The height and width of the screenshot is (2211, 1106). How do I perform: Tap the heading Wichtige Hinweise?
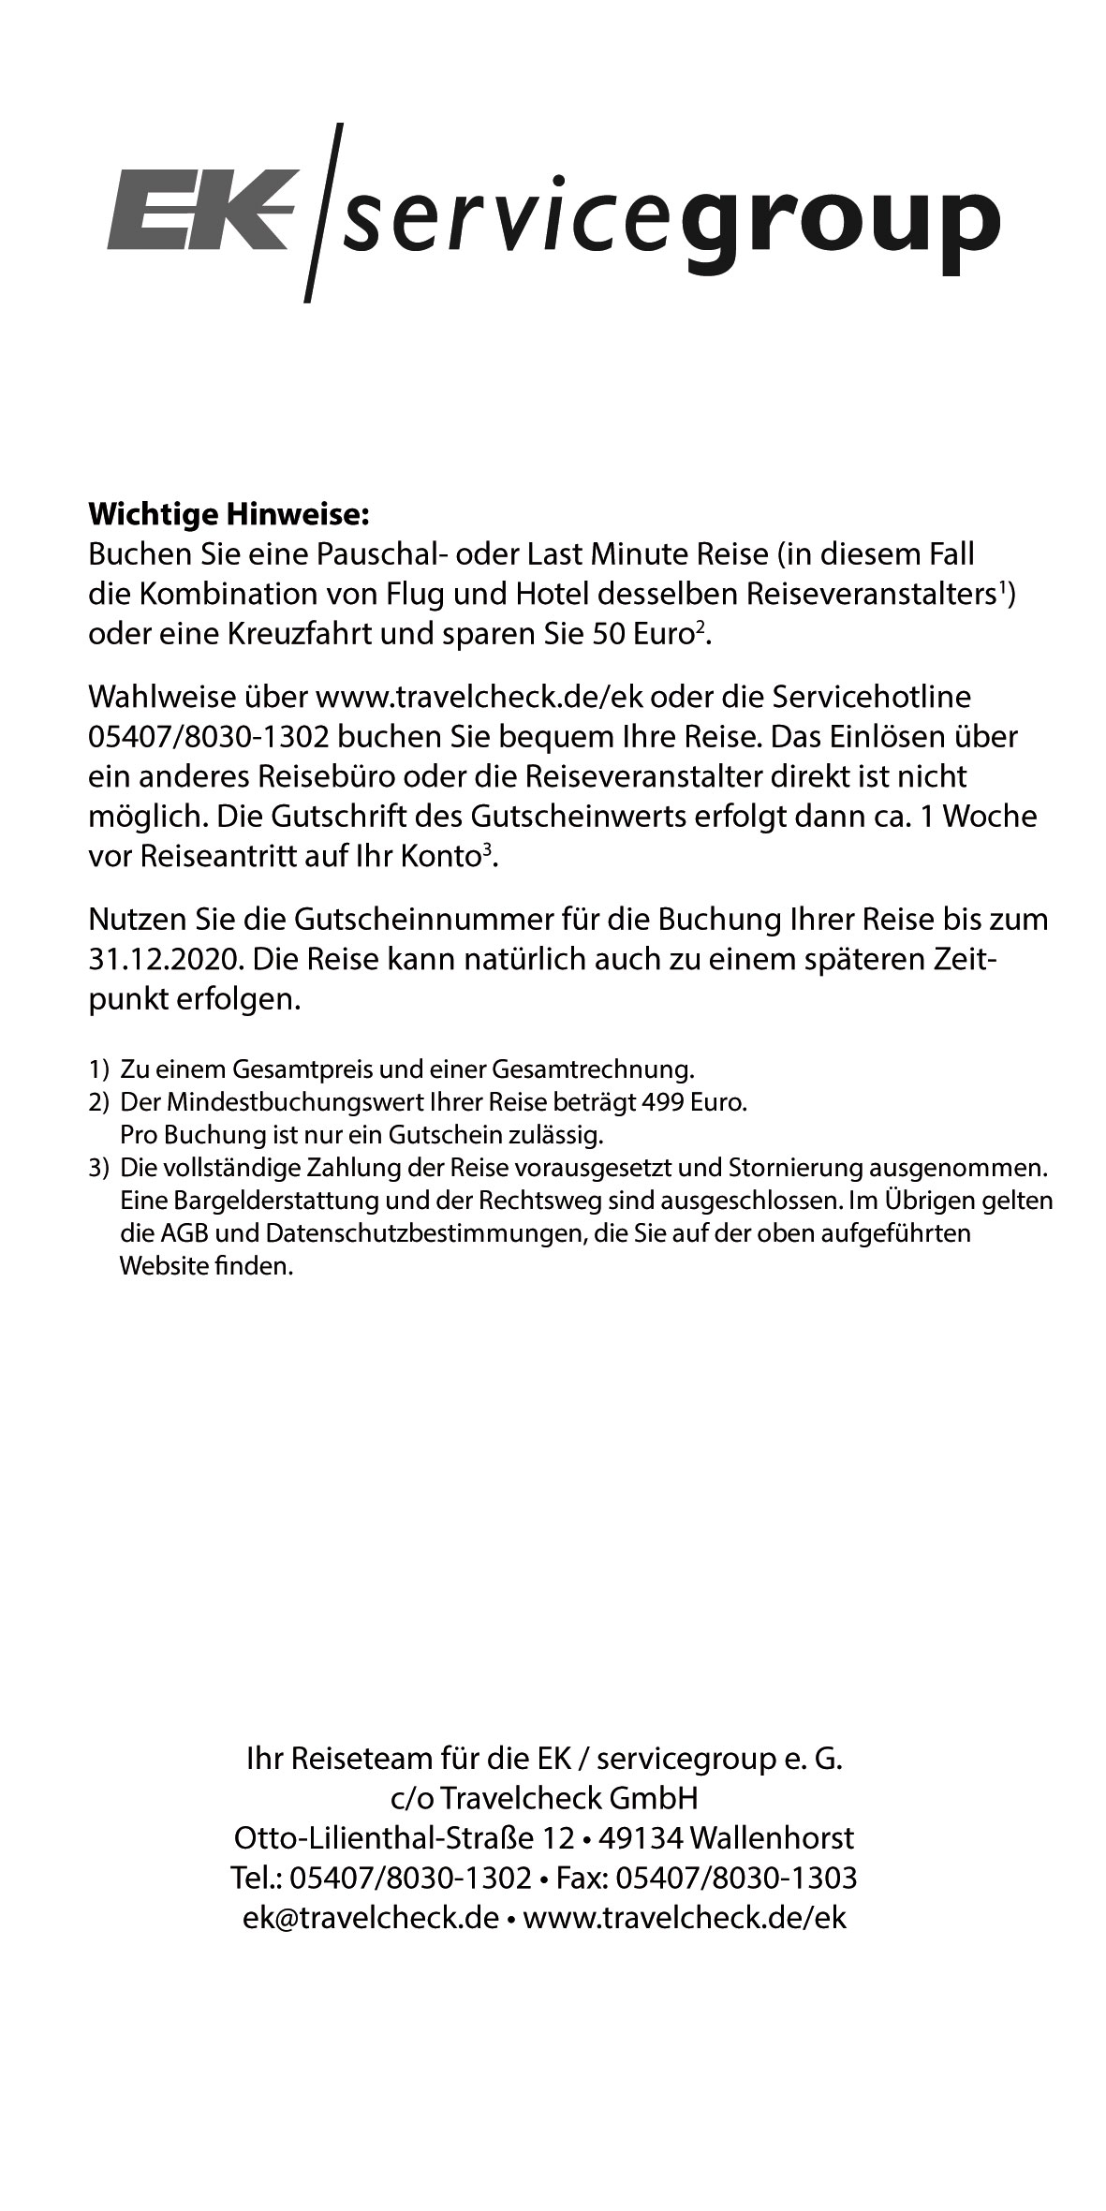[x=229, y=514]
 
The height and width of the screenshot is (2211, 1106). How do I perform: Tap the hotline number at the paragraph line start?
[x=208, y=736]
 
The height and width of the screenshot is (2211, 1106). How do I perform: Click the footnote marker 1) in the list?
[x=98, y=1069]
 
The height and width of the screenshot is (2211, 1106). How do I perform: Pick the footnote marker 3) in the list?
[x=98, y=1169]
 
